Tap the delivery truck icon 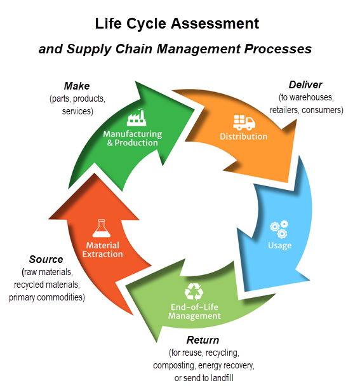[x=243, y=122]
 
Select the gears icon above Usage [x=279, y=227]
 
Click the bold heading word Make [x=77, y=86]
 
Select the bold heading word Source [x=46, y=259]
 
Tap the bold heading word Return [x=203, y=340]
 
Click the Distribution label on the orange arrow [x=243, y=137]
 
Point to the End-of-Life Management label [x=194, y=311]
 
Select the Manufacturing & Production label [x=132, y=138]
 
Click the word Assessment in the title [x=215, y=24]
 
